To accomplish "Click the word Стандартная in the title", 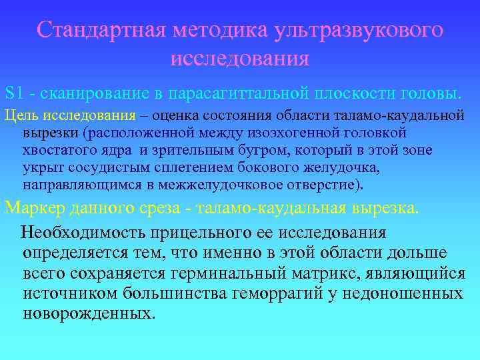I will click(101, 30).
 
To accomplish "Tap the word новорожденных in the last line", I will click(89, 313).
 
